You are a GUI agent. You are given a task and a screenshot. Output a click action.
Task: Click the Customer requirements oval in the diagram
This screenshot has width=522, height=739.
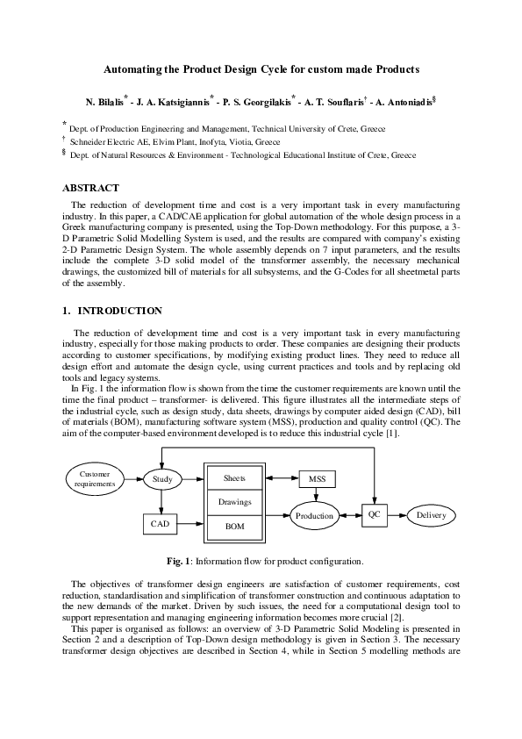click(89, 479)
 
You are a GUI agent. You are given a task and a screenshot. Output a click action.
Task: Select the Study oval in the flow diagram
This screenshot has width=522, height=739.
click(162, 480)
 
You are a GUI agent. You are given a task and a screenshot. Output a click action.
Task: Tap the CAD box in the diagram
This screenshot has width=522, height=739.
click(160, 524)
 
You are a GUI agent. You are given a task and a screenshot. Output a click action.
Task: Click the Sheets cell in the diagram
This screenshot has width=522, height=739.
click(235, 478)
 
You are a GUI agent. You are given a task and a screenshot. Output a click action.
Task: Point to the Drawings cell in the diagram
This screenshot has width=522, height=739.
click(235, 502)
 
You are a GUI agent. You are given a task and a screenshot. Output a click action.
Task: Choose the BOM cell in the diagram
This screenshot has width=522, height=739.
click(235, 526)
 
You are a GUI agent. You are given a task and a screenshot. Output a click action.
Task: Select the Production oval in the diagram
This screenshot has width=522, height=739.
click(314, 516)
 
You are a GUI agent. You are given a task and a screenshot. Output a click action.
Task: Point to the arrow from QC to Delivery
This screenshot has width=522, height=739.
click(400, 514)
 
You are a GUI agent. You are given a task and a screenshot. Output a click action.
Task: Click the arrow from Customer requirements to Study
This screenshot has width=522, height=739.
click(131, 479)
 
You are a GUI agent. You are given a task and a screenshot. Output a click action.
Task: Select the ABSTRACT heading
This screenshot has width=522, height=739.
click(90, 188)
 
